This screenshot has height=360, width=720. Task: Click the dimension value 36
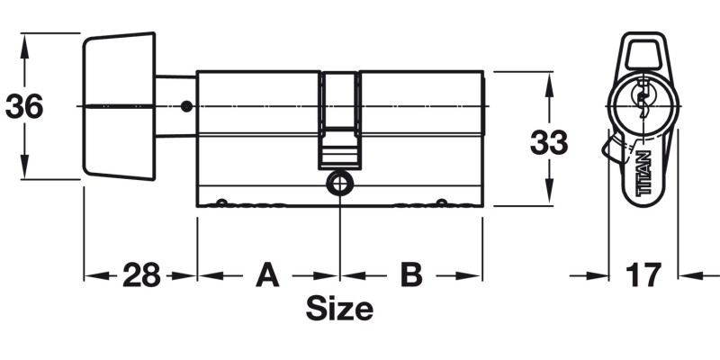click(24, 107)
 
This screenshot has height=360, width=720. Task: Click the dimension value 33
click(547, 141)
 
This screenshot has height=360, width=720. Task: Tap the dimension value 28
click(141, 274)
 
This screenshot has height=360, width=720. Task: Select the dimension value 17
click(643, 274)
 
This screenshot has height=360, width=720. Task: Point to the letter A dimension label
click(266, 274)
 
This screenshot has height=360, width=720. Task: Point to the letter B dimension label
click(410, 274)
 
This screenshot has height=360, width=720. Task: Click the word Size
click(339, 309)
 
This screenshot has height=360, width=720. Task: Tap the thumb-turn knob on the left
click(118, 106)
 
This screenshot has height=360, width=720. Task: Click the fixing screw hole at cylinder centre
click(339, 183)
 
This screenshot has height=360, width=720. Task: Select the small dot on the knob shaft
click(185, 107)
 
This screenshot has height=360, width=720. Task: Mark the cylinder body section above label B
click(420, 135)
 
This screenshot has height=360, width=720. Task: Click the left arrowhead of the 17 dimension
click(601, 274)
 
